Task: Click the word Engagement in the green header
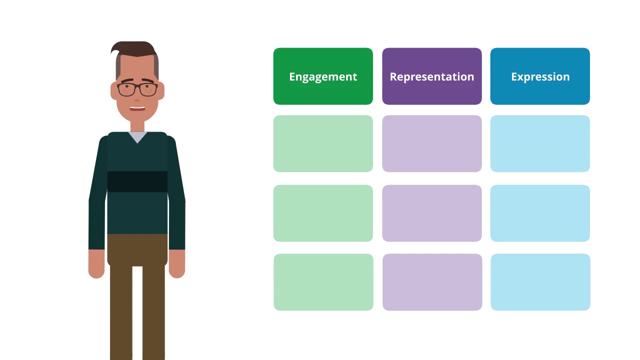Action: coord(323,77)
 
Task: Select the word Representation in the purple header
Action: coord(432,77)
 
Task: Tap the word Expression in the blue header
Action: coord(540,77)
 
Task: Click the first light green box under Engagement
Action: coord(323,143)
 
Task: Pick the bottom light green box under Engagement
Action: coord(323,282)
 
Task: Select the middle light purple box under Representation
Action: coord(432,213)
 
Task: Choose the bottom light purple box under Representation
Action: coord(432,282)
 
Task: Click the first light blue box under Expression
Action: coord(540,143)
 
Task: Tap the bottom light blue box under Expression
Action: coord(540,282)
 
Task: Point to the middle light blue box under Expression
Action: coord(540,213)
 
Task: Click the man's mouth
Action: coord(137,108)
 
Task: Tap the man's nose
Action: coord(137,100)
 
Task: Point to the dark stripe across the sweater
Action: coord(137,181)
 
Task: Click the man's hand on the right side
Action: coord(177,263)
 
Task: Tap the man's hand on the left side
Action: coord(96,263)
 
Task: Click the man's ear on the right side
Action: coord(161,90)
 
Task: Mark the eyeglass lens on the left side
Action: coord(126,89)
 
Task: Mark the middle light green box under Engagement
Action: coord(323,213)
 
